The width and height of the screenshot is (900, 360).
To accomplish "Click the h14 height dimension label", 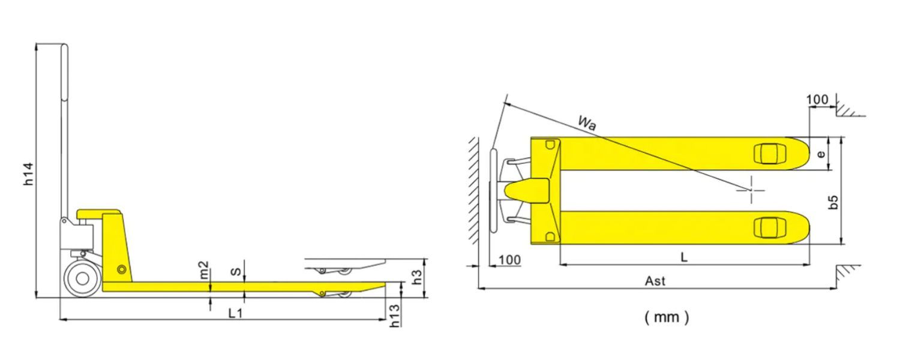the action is coord(28,174).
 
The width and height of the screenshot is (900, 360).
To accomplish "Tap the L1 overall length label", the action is coord(235,313).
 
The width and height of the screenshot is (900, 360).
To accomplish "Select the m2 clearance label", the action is coord(204,270).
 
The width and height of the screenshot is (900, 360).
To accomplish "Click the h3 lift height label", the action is coord(418,277).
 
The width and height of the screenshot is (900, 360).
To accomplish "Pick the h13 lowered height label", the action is coord(395,316).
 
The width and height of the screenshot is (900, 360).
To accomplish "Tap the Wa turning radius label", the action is coord(587,122).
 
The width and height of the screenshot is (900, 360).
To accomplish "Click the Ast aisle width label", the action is coord(655,281).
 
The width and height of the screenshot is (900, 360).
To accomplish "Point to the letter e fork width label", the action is coord(821,154).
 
